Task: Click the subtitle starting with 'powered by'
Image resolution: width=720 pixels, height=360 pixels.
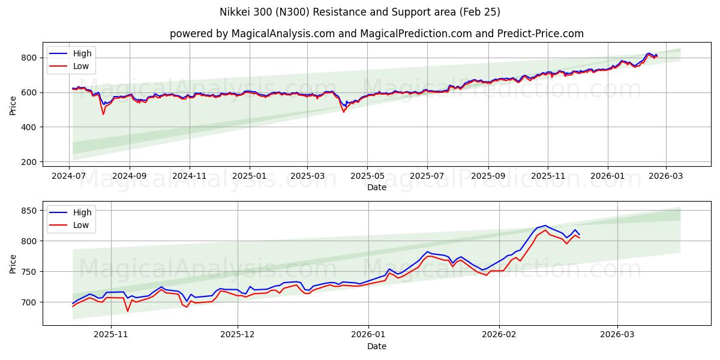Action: (x=376, y=34)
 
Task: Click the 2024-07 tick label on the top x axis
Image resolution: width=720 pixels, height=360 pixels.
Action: (x=69, y=176)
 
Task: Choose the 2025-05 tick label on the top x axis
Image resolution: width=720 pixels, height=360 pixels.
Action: (x=367, y=176)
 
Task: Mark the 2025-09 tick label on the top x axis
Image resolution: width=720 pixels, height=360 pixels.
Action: (x=488, y=176)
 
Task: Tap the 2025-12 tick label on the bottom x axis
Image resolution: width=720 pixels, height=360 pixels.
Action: (x=238, y=335)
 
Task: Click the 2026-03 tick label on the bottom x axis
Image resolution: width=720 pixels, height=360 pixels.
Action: (x=617, y=335)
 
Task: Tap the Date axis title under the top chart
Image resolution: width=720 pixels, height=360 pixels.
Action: (x=376, y=187)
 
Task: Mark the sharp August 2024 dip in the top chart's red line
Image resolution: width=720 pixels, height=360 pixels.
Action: (x=103, y=114)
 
